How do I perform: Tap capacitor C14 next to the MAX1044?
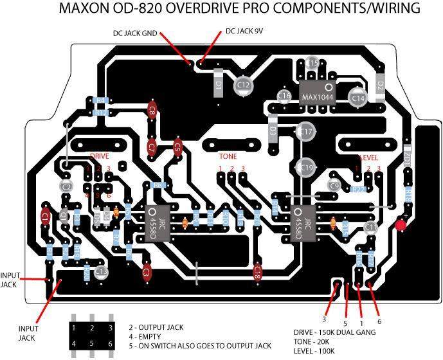[x=358, y=97]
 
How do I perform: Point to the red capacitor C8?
[x=152, y=111]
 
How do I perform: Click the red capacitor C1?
[x=45, y=218]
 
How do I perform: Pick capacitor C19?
[x=307, y=168]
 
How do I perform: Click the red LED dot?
[x=401, y=226]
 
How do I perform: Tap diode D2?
[x=380, y=85]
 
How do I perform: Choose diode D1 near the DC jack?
[x=219, y=84]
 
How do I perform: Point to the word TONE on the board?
[x=228, y=156]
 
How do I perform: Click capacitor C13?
[x=101, y=273]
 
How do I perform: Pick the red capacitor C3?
[x=147, y=273]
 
